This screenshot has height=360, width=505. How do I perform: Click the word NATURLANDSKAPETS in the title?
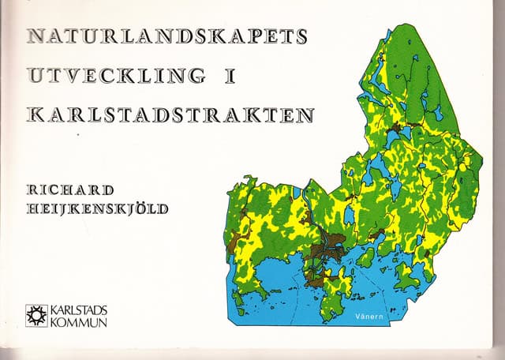point(166,36)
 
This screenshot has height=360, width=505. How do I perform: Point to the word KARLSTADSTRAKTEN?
point(170,114)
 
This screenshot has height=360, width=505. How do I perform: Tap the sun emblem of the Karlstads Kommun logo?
point(36,315)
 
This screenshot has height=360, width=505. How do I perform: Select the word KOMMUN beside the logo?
point(77,321)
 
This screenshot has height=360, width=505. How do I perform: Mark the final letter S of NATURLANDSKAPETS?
point(297,36)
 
